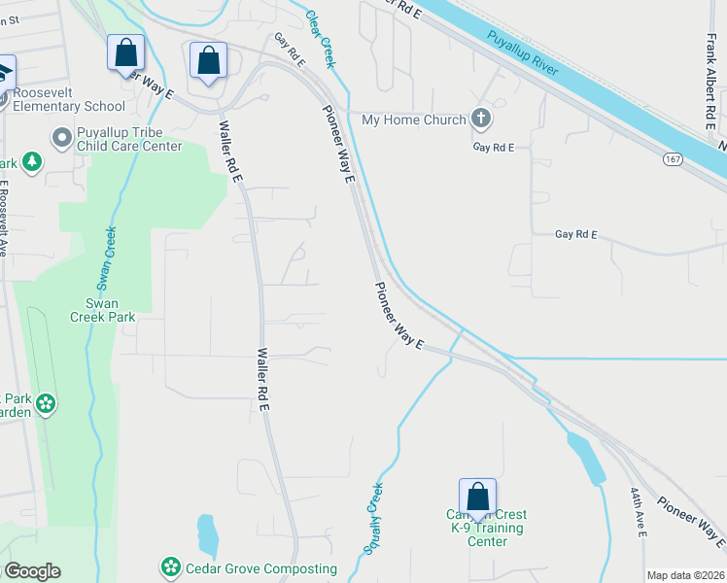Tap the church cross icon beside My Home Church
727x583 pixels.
480,120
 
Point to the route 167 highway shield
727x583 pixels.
673,157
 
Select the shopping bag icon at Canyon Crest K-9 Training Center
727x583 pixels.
477,497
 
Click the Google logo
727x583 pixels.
32,571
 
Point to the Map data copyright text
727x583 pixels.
685,575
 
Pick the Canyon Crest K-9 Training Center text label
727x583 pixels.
487,528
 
